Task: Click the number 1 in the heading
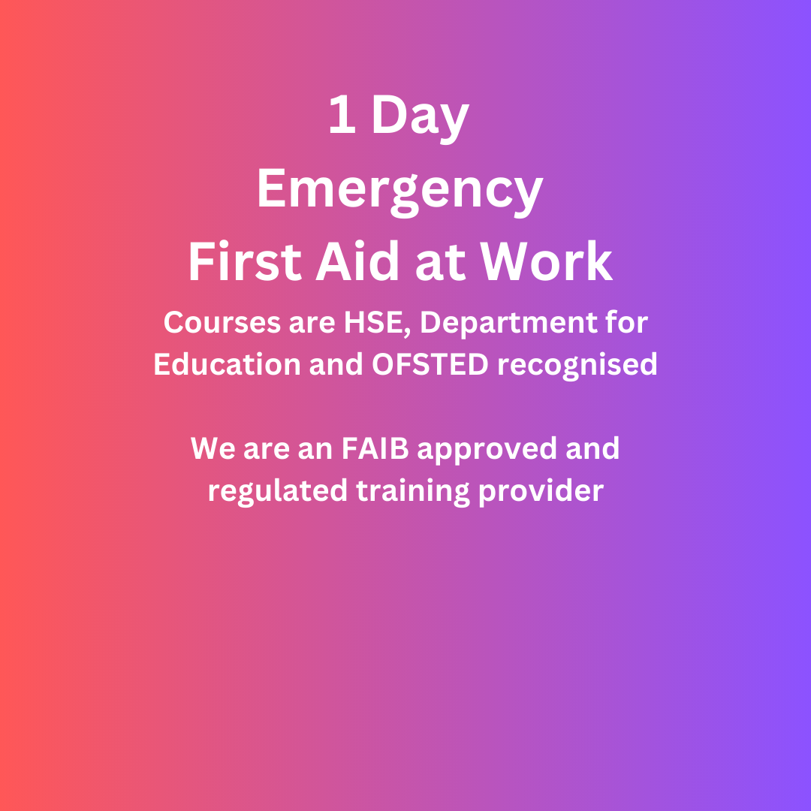click(x=342, y=117)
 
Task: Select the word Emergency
click(x=399, y=191)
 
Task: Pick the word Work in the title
click(x=547, y=262)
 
